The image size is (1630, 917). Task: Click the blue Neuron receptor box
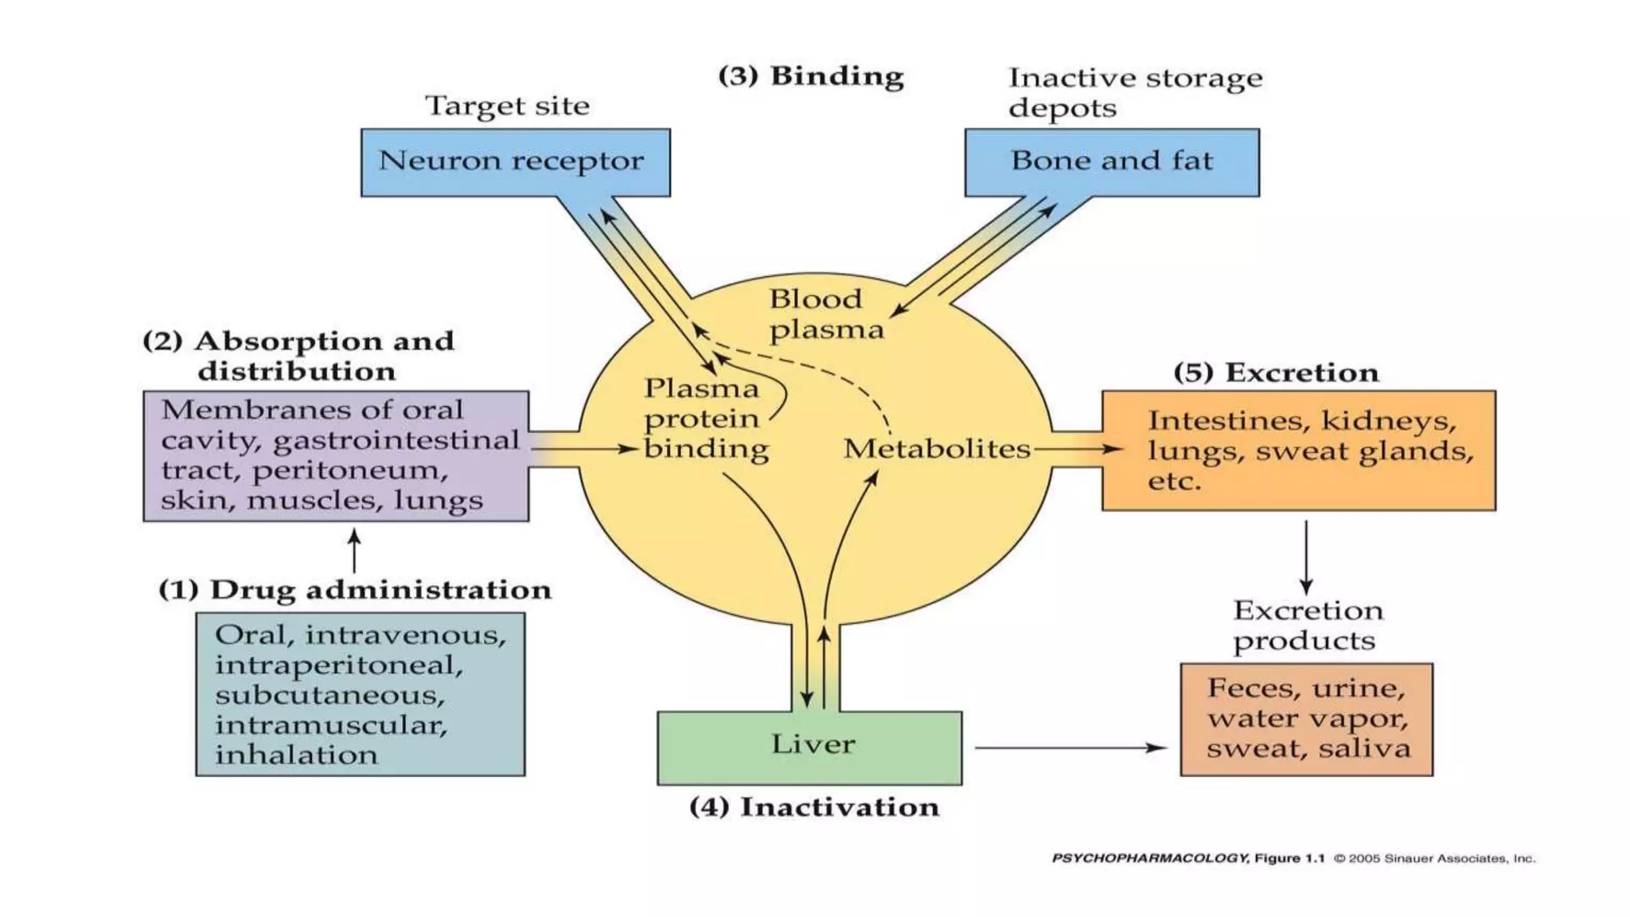click(515, 162)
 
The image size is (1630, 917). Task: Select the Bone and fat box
click(1111, 162)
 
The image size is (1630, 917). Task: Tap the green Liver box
click(809, 747)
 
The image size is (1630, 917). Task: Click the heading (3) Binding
click(810, 76)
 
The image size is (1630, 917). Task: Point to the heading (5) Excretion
click(1276, 373)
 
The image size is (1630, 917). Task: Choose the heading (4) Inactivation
click(813, 807)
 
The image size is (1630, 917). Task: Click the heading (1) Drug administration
click(354, 590)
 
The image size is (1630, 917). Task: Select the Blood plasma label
click(825, 314)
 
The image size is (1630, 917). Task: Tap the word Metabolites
click(937, 449)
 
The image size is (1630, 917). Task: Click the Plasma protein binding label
click(704, 419)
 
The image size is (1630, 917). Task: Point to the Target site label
click(507, 106)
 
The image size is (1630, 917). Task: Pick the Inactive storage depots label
click(1134, 92)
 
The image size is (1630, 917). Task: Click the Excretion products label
click(1307, 626)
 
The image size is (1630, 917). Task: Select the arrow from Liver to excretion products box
click(1070, 747)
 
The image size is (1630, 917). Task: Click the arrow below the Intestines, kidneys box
click(1306, 557)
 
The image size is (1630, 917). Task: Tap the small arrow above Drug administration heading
click(354, 551)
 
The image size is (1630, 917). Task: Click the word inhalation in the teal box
click(296, 755)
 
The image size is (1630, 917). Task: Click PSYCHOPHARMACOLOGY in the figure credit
click(1149, 858)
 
